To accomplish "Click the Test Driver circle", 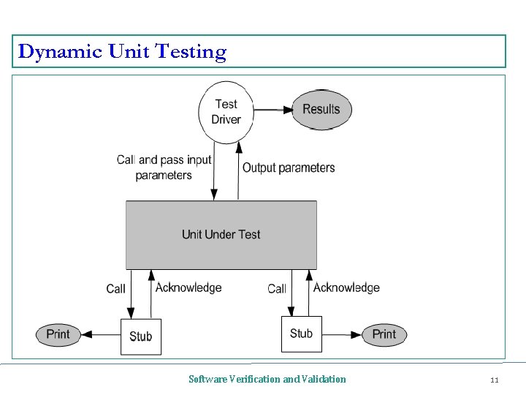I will pos(226,111).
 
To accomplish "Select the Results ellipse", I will pos(321,110).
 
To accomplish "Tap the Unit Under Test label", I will pos(221,235).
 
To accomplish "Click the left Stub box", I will pos(141,336).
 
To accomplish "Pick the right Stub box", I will pos(301,334).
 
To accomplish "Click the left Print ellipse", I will pos(58,335).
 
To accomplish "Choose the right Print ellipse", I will pos(384,335).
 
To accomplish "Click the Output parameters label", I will pos(289,168).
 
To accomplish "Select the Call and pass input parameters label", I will pos(164,168).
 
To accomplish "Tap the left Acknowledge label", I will pos(188,288).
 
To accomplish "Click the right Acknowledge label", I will pos(346,288).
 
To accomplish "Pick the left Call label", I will pos(115,289).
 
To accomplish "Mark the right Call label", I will pos(277,289).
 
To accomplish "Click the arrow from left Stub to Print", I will pos(100,335).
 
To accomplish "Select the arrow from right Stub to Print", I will pos(342,335).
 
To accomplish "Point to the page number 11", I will pos(495,380).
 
